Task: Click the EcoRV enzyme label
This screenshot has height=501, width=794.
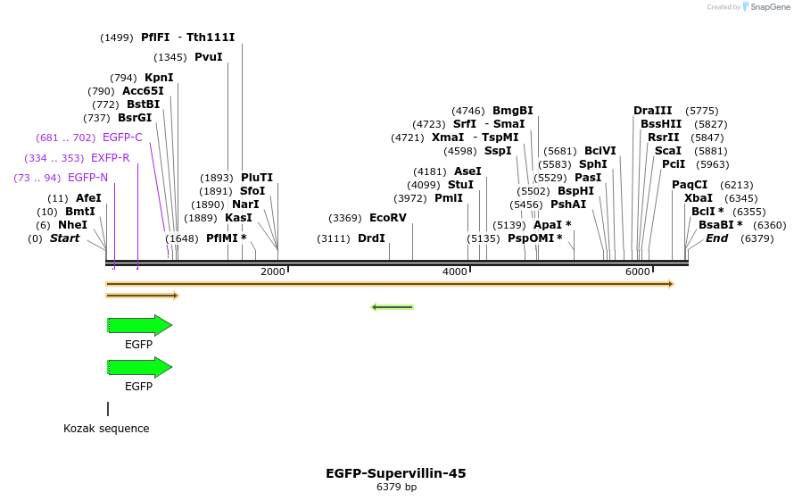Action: coord(388,218)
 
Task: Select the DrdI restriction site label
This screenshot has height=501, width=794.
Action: coord(371,238)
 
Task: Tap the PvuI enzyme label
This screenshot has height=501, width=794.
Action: coord(208,57)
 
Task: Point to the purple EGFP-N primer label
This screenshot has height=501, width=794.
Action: coord(87,178)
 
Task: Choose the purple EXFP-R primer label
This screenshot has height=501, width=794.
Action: coord(110,158)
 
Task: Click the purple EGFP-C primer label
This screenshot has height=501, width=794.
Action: coord(122,138)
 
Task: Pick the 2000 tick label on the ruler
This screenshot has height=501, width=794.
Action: coord(272,271)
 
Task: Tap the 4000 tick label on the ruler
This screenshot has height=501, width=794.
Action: coord(455,271)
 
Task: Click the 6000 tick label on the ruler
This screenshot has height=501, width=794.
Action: coord(637,271)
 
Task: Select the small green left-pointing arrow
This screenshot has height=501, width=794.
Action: coord(392,307)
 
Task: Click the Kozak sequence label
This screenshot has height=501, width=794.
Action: coord(106,429)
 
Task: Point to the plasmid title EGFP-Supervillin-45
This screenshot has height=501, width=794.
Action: coord(396,473)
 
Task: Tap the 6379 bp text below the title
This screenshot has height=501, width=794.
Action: coord(396,488)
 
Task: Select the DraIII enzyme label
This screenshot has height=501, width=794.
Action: coord(653,111)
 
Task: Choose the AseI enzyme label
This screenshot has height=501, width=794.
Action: coord(467,171)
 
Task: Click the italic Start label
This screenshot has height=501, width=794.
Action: coord(64,238)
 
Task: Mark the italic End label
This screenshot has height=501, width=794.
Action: coord(716,238)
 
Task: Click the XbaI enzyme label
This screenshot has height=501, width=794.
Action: coord(698,198)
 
